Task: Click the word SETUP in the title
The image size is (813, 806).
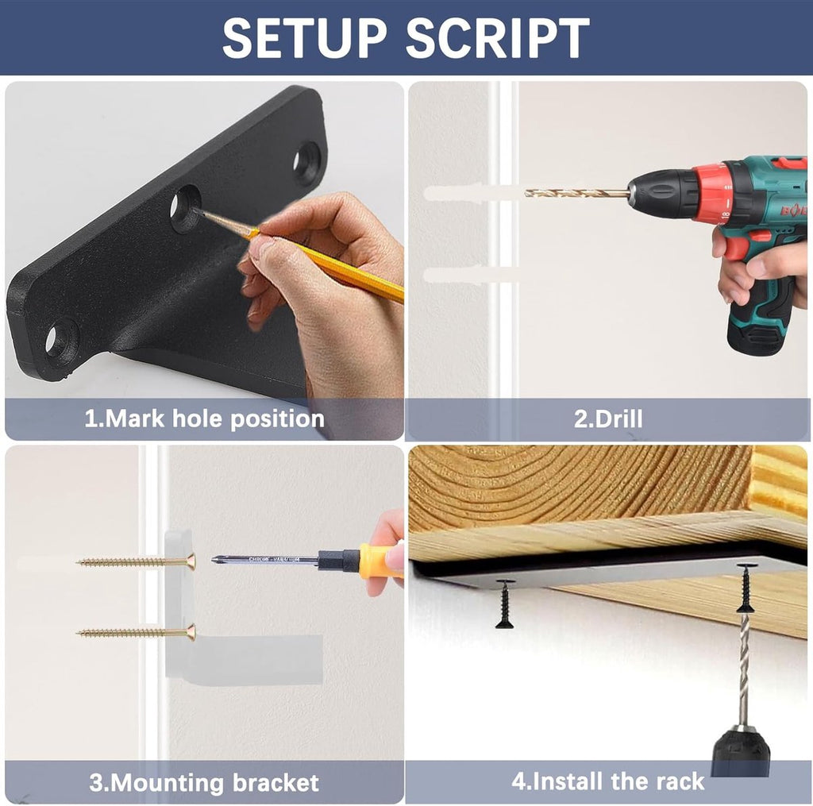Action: pos(305,38)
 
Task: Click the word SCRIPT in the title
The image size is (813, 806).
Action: pos(498,38)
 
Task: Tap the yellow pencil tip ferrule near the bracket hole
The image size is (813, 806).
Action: pos(252,234)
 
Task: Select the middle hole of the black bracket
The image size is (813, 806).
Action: pos(186,207)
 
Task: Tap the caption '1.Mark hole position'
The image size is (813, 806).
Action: pos(204,418)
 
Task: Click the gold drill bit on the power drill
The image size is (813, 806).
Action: pos(577,193)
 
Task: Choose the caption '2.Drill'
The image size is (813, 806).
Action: pos(607,418)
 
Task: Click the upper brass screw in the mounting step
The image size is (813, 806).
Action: pos(137,561)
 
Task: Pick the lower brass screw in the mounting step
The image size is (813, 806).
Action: pos(137,632)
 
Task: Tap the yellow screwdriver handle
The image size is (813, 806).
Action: pos(382,561)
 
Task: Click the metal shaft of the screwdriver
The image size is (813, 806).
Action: pos(265,560)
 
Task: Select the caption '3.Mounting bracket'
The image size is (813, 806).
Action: pos(204,782)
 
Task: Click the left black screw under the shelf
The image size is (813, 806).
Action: pos(505,604)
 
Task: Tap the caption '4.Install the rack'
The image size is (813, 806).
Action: pos(607,781)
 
